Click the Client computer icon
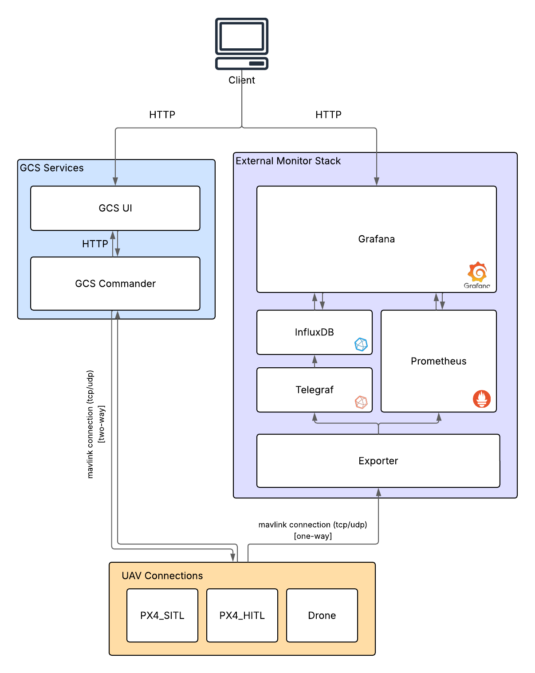(242, 43)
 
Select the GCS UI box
(115, 208)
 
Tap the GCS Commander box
(115, 284)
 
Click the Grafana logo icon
(477, 272)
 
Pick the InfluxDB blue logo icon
(361, 344)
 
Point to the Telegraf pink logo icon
(361, 402)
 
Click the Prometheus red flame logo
(482, 399)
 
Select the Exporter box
(378, 461)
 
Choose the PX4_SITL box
(162, 615)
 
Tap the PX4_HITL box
(242, 615)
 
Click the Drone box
(322, 615)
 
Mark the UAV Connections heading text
(162, 576)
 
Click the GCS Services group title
(52, 168)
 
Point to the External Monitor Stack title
(288, 161)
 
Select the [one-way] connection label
(313, 536)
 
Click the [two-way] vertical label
(102, 424)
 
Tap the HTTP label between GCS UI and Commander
(95, 244)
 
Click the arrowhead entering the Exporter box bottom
(378, 492)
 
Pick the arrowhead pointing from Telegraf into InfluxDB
(315, 359)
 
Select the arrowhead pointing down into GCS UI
(115, 181)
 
